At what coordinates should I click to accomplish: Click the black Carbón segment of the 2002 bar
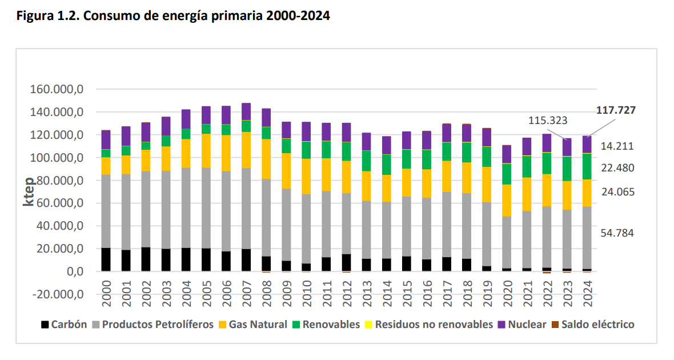146,259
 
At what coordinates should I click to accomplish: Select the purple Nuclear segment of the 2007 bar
246,111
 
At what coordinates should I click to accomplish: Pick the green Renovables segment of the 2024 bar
587,166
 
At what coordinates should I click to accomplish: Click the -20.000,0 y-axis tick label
55,294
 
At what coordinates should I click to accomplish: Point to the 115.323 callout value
551,121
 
